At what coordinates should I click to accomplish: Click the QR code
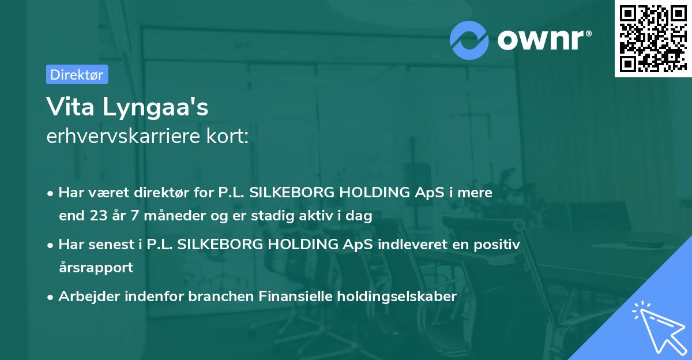(652, 39)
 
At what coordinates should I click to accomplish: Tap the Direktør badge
(77, 74)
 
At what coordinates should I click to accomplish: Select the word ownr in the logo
(540, 39)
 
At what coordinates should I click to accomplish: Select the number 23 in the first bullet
(96, 216)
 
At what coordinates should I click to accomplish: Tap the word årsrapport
(96, 268)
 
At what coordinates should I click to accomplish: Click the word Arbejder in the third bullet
(84, 297)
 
